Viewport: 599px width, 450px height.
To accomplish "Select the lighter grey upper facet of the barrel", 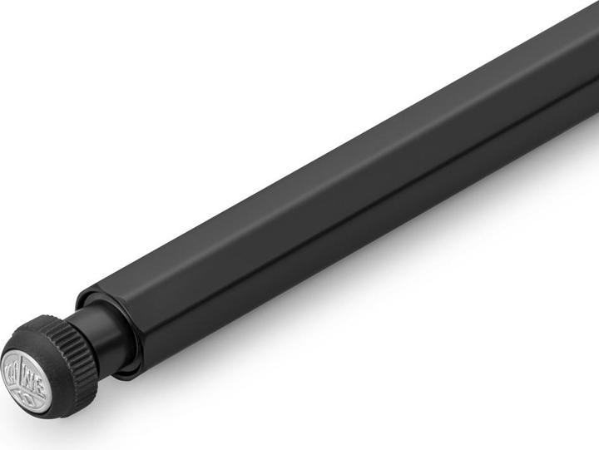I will coord(333,166).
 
